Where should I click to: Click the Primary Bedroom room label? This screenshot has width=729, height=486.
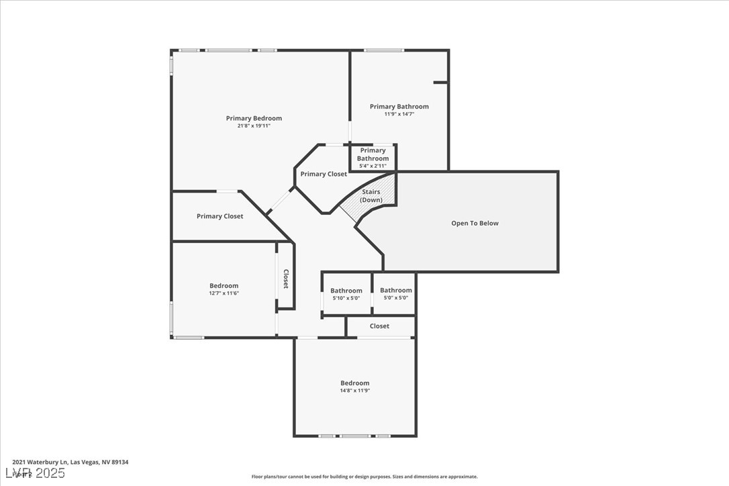254,118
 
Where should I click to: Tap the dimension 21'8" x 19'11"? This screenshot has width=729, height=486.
254,126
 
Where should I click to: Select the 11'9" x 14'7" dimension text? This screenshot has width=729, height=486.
399,114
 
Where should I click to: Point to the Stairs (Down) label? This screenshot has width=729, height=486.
371,196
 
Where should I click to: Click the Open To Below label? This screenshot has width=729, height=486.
475,223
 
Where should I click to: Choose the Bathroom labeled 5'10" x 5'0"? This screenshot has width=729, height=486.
346,294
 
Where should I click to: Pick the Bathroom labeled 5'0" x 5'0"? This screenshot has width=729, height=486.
395,294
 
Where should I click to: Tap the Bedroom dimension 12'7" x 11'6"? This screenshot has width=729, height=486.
224,293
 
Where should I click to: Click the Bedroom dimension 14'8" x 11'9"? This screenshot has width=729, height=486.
354,391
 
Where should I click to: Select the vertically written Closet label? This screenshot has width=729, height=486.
285,279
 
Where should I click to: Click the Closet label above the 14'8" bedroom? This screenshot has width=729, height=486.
379,326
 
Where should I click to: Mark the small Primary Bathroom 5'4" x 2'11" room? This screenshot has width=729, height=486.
373,158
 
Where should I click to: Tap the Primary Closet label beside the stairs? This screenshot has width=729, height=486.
324,174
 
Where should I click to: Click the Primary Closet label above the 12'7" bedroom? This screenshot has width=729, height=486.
220,216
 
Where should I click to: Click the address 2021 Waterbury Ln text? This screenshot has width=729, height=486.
60,462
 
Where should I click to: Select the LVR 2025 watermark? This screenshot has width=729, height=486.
34,473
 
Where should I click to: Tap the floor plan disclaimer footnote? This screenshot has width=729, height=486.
364,477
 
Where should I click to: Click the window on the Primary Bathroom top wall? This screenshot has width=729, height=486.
384,50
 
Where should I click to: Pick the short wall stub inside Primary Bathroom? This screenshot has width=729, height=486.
440,83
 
